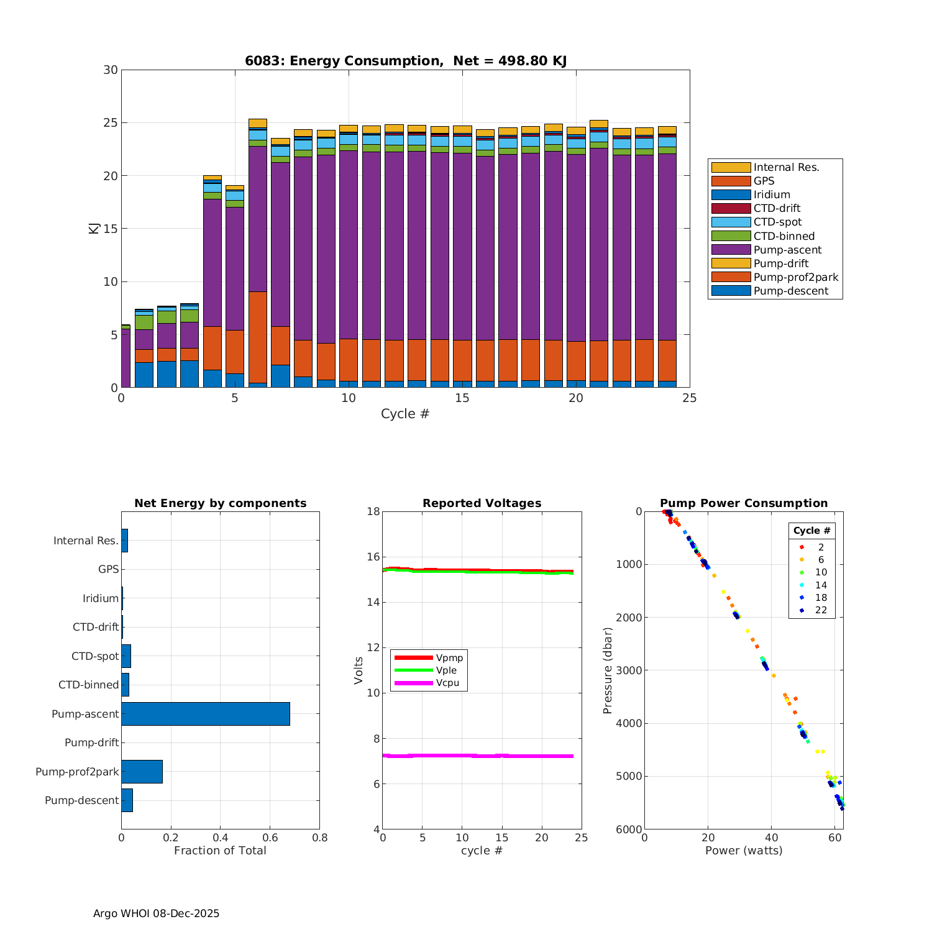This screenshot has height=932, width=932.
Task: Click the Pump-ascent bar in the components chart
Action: click(205, 714)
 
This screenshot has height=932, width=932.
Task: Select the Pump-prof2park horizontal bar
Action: click(142, 772)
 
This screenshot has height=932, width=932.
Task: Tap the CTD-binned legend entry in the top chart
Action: click(784, 236)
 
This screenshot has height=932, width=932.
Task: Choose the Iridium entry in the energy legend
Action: click(772, 194)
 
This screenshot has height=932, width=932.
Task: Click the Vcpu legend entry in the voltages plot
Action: click(447, 683)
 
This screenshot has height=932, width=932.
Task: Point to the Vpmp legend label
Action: click(449, 657)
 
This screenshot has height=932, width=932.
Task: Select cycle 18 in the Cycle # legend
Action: click(821, 598)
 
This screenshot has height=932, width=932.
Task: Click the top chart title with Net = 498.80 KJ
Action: click(406, 61)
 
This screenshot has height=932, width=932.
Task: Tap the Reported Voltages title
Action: click(482, 503)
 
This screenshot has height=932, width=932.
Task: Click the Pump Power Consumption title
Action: click(744, 503)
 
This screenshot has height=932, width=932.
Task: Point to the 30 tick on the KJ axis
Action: click(111, 70)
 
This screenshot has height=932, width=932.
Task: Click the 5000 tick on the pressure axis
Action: click(629, 776)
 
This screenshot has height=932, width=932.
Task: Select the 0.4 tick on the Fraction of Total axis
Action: click(220, 837)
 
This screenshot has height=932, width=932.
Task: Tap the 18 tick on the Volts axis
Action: click(373, 511)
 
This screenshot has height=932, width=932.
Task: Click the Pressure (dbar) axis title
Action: click(608, 670)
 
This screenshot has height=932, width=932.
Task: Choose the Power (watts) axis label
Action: click(744, 851)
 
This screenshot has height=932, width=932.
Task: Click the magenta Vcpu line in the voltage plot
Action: click(478, 756)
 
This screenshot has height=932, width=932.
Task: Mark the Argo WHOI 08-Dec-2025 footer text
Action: click(156, 913)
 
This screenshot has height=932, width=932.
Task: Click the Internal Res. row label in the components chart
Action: click(86, 541)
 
